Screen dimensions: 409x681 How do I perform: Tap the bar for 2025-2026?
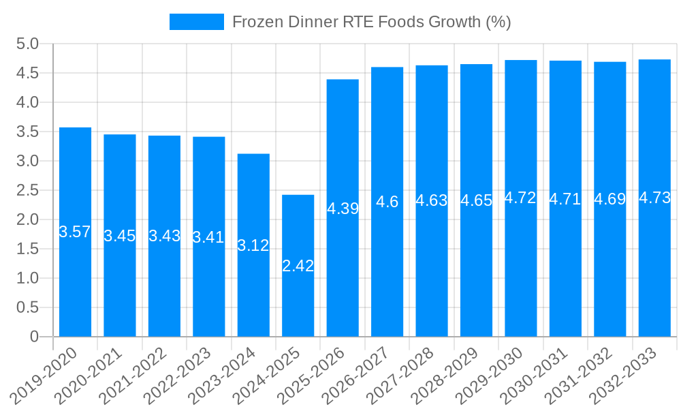coord(343,273)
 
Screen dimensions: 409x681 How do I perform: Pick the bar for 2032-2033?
coord(654,273)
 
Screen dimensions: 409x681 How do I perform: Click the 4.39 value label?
coord(343,209)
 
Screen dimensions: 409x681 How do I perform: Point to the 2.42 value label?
coord(298,266)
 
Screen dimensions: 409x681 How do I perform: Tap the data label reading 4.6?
coord(387,202)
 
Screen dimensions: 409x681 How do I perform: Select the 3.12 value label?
coord(253,245)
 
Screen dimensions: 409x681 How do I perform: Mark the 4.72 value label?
coord(520,198)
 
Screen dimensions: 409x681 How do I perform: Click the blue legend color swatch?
coord(196,22)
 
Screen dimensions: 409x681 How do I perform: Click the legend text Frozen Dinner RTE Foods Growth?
coord(371,22)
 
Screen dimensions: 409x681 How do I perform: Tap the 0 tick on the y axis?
coord(35,337)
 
